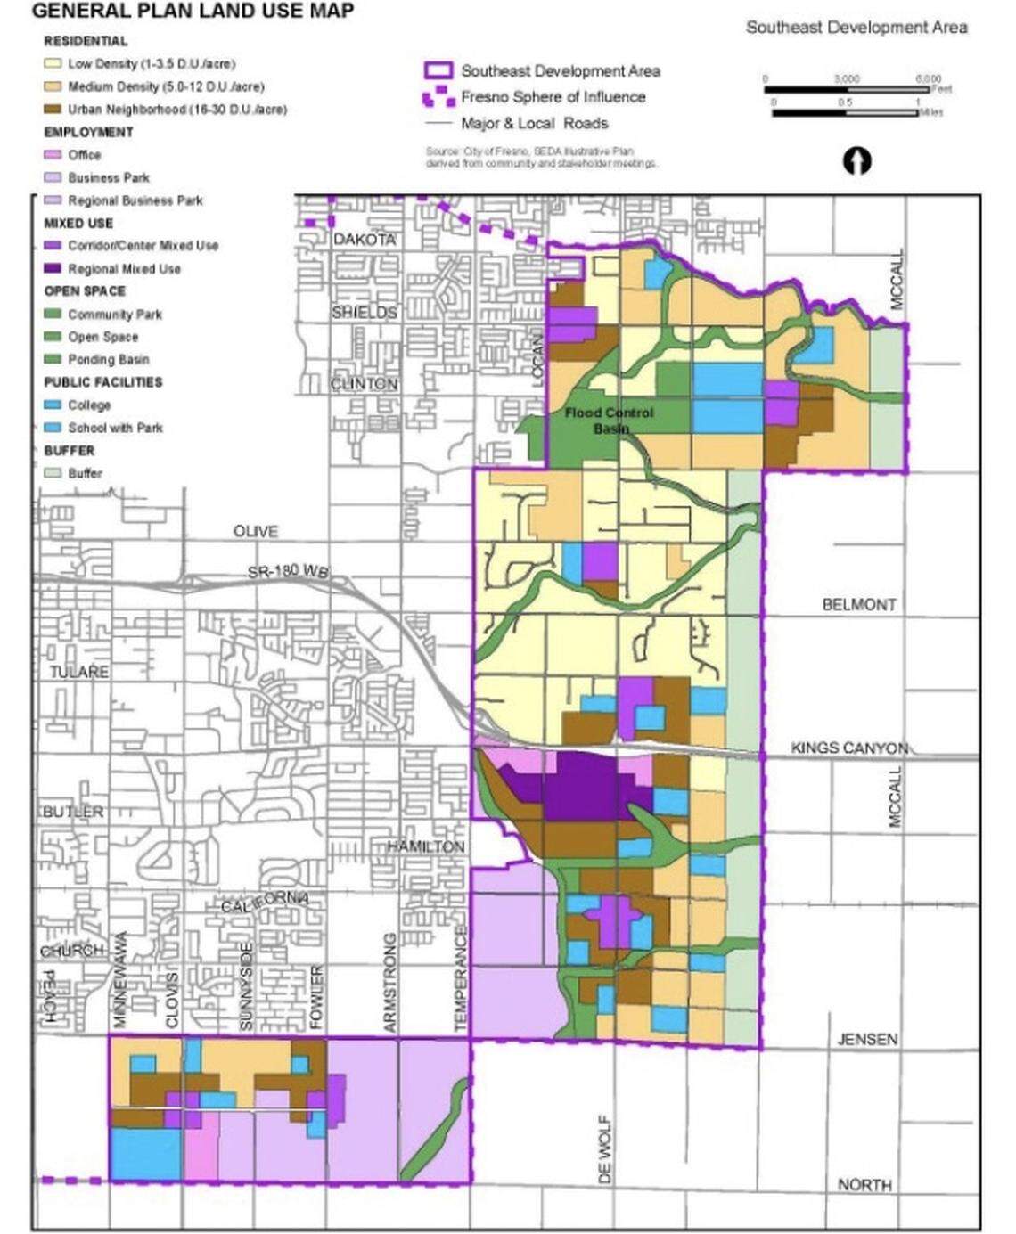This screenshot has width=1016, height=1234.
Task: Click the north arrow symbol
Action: [856, 161]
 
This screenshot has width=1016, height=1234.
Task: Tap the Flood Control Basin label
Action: [609, 421]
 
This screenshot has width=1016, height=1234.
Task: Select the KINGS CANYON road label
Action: [848, 748]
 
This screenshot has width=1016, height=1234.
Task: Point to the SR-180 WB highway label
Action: [288, 571]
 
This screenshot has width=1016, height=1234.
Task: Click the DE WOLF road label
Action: [605, 1149]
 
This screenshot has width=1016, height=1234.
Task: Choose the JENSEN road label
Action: [866, 1039]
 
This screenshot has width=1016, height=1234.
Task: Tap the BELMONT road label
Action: [858, 604]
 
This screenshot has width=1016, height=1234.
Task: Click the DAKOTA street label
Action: [364, 240]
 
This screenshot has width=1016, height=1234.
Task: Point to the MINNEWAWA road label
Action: [122, 980]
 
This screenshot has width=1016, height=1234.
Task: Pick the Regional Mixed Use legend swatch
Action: [53, 268]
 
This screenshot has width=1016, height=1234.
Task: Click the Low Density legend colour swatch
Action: [53, 64]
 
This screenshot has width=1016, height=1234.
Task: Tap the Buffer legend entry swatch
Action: [53, 473]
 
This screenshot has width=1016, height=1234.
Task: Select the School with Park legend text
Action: [115, 428]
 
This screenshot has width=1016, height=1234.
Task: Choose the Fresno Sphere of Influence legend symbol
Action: [440, 97]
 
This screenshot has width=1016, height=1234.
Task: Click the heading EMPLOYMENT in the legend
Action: [88, 132]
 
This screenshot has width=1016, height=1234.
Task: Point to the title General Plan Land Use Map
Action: [193, 11]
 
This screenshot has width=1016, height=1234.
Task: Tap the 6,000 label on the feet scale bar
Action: [927, 79]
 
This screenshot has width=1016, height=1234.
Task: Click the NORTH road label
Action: [864, 1184]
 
